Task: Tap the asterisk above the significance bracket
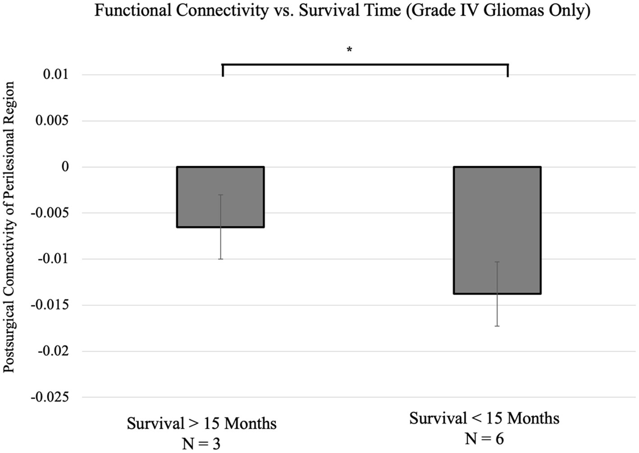(349, 50)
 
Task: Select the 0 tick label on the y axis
(65, 167)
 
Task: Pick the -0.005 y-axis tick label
(50, 213)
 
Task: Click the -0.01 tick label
(53, 259)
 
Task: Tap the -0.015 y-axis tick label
(50, 305)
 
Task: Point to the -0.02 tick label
(53, 351)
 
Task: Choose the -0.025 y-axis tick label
(50, 397)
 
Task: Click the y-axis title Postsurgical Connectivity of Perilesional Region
(9, 227)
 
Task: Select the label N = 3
(201, 444)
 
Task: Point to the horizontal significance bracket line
(365, 65)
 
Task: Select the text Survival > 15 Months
(201, 424)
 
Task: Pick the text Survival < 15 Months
(484, 418)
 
